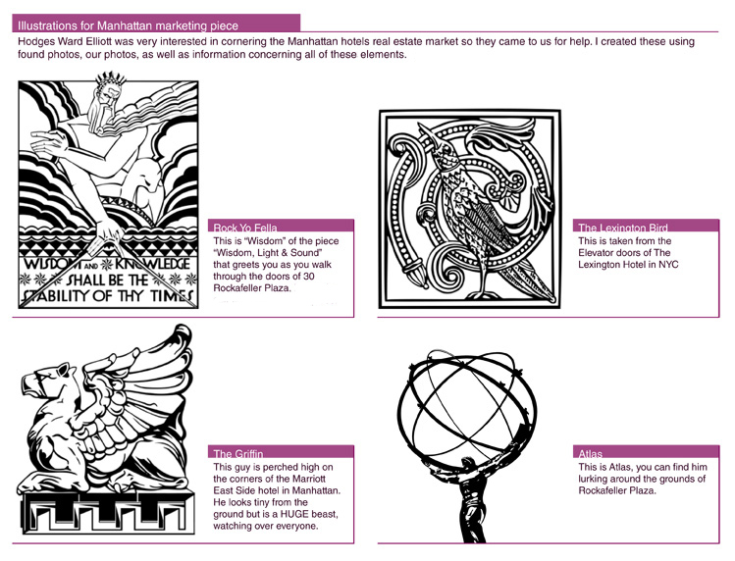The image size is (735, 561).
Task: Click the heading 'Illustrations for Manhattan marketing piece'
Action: (x=128, y=25)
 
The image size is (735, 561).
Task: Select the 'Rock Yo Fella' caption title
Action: (x=245, y=228)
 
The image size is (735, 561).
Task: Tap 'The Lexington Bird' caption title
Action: (x=622, y=228)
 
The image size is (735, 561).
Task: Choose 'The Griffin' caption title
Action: (x=238, y=454)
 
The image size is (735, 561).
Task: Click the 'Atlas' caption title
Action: (x=590, y=454)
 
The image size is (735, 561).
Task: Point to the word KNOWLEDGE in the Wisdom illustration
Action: (x=152, y=264)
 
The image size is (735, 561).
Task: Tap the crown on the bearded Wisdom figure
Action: (x=111, y=79)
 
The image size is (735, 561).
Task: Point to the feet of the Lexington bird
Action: (x=483, y=294)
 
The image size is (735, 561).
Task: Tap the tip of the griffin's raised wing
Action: (x=182, y=330)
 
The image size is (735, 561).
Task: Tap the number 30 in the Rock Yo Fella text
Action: (x=308, y=276)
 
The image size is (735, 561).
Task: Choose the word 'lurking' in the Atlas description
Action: (x=593, y=479)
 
